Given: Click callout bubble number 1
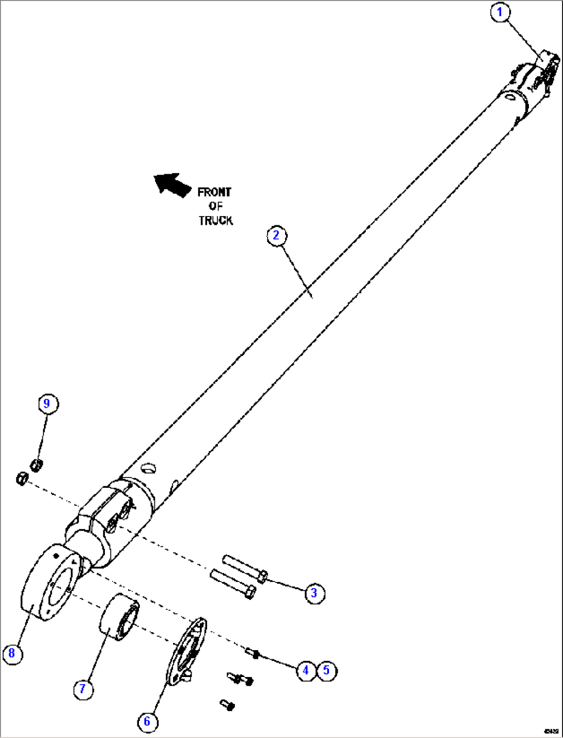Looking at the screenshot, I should click(499, 12).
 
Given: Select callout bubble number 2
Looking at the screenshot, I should click(276, 236).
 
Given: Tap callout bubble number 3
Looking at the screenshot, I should click(314, 593).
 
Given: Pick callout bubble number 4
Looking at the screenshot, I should click(306, 670).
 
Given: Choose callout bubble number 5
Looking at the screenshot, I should click(326, 670).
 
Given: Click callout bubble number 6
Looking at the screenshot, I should click(147, 721).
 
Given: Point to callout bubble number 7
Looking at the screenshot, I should click(83, 689).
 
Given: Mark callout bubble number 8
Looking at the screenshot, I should click(12, 654).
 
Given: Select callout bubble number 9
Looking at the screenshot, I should click(47, 403).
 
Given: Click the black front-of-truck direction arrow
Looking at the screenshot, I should click(172, 185).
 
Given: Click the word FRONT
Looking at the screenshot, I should click(214, 192).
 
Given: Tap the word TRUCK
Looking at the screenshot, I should click(215, 221).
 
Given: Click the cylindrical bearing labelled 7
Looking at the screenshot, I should click(119, 617).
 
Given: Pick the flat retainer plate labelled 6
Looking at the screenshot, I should click(186, 651).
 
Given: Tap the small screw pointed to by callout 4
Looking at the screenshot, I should click(253, 653).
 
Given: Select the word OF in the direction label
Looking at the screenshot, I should click(215, 206).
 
